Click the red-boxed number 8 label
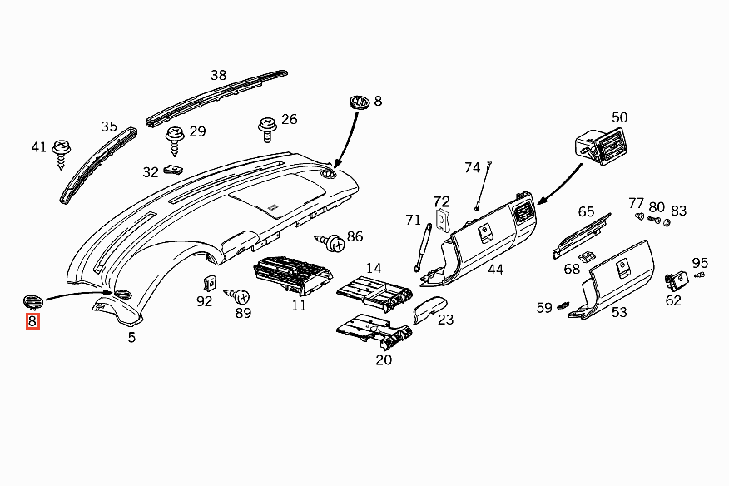32,320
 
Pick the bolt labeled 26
266,128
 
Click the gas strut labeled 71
423,245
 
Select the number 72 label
441,201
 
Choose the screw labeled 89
241,295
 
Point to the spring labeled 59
566,306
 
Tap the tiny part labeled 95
699,274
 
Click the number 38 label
218,75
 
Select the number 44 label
495,270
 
